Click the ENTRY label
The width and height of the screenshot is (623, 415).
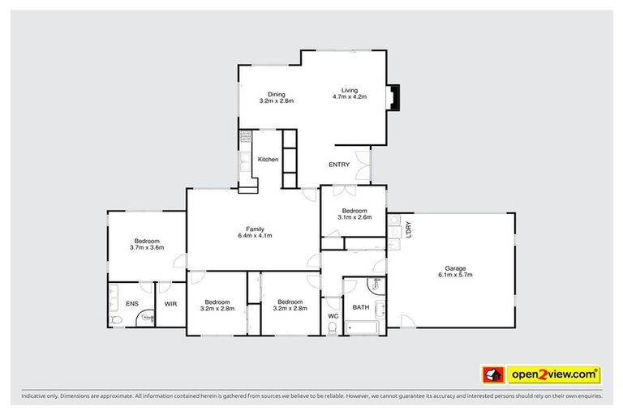[339, 165]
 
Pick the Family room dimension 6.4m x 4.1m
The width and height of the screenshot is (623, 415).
[255, 236]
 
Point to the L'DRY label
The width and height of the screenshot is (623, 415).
[409, 230]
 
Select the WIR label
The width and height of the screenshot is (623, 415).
[171, 304]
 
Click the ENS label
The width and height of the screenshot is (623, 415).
[131, 304]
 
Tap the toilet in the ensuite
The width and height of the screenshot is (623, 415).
[118, 321]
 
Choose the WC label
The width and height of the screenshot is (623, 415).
[333, 315]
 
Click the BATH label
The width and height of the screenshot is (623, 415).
[360, 307]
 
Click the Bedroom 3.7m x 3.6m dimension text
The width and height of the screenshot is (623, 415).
[147, 247]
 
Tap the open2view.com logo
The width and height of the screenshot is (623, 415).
[553, 374]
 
